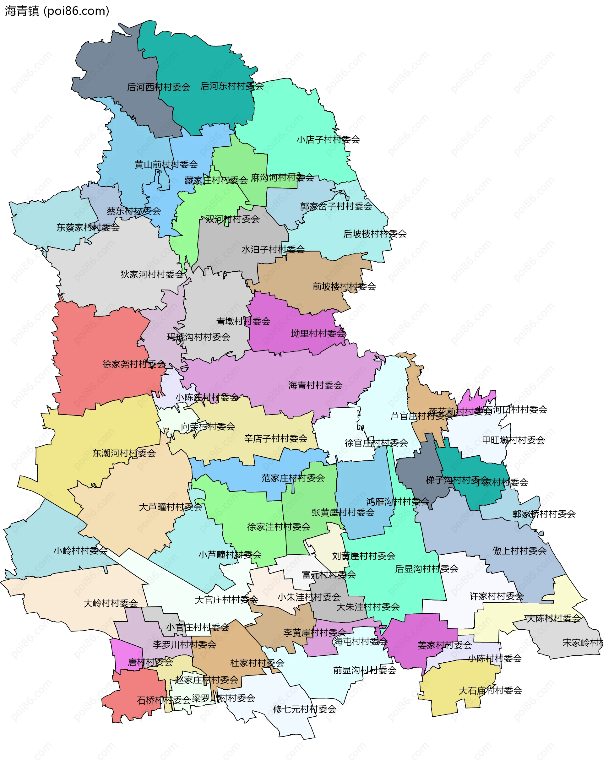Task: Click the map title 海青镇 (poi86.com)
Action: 57,11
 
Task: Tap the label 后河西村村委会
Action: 159,87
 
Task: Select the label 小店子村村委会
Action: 328,139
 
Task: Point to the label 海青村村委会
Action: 315,385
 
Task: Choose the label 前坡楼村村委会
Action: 344,286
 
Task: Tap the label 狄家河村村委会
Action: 152,274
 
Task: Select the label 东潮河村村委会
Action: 124,453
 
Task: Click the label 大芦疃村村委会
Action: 170,507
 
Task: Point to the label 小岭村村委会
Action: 80,551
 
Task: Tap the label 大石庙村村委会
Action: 490,691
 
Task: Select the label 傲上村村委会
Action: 519,551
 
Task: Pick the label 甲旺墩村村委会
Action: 513,440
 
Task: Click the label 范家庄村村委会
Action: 293,478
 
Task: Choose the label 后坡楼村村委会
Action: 375,234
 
